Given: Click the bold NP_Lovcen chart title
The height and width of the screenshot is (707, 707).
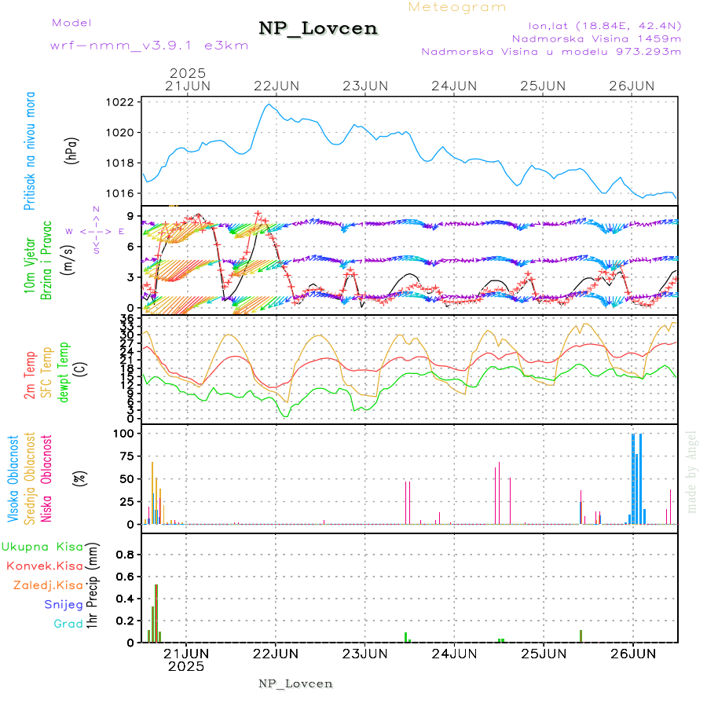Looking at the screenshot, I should (x=318, y=29).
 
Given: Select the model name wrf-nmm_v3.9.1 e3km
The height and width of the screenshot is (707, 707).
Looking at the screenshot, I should (x=148, y=45).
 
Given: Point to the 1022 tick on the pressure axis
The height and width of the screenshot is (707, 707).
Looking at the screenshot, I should (x=120, y=102).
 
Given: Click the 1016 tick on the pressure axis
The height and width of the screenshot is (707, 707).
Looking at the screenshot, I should (x=120, y=193).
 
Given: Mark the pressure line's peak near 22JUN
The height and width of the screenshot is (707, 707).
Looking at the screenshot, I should (x=269, y=104).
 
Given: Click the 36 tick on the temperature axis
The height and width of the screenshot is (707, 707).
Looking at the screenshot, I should (x=126, y=318).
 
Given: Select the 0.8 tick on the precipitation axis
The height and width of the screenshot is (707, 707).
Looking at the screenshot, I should (x=123, y=554).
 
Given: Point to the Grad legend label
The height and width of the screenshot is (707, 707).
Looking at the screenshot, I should (x=68, y=624).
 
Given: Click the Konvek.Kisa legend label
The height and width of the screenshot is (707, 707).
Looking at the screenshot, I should (x=44, y=566).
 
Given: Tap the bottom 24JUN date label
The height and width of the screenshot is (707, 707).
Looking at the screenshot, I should (x=455, y=653).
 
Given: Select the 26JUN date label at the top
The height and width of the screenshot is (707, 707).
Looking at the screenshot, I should (x=632, y=86).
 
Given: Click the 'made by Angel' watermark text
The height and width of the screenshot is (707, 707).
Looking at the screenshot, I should (x=692, y=471).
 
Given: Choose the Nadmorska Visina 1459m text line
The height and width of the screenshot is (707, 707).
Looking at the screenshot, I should (x=596, y=38).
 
